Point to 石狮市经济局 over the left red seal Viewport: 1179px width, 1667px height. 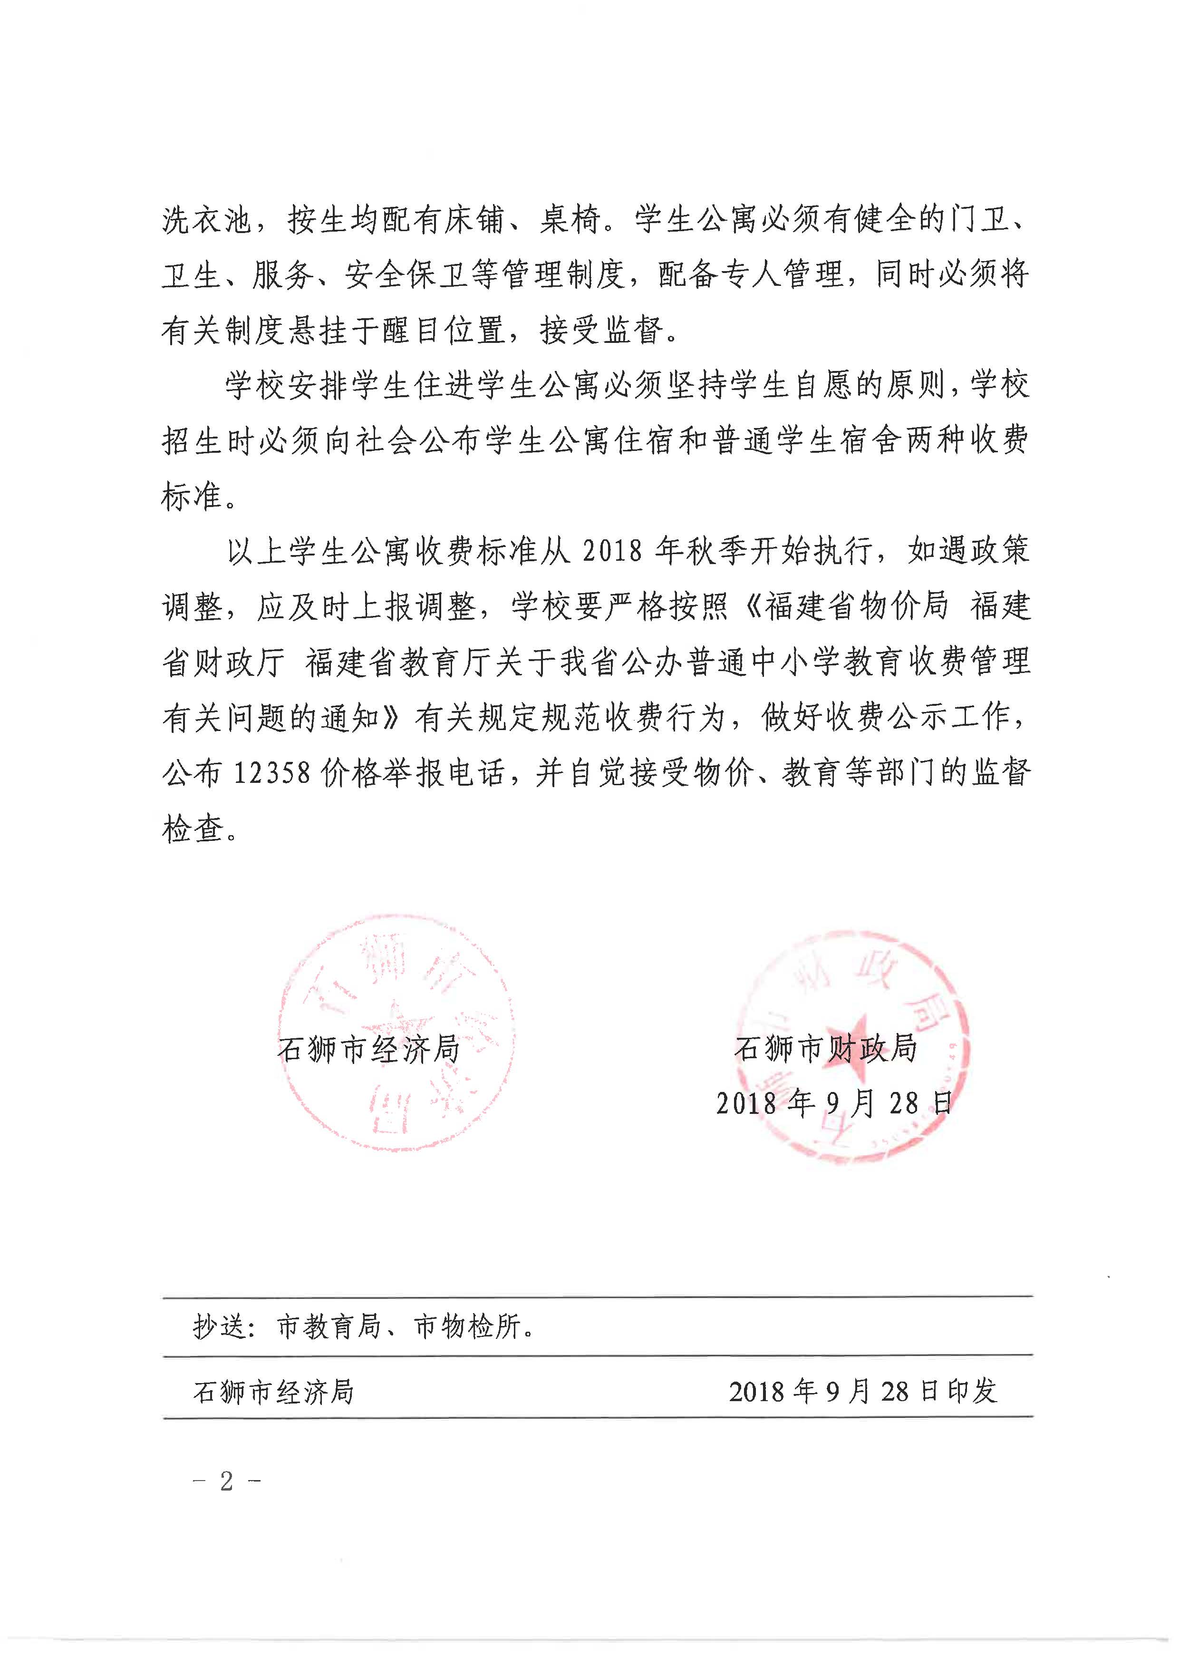tap(369, 1049)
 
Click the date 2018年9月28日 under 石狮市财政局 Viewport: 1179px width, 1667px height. tap(833, 1103)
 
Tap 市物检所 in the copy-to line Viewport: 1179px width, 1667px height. tap(467, 1327)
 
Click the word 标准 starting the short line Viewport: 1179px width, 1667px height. tap(192, 497)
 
